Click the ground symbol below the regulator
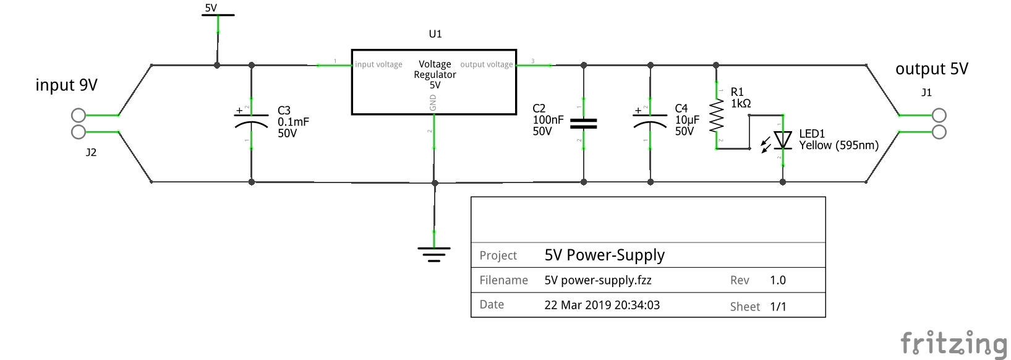pyautogui.click(x=433, y=254)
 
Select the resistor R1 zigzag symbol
pyautogui.click(x=717, y=116)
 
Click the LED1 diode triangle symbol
pyautogui.click(x=783, y=140)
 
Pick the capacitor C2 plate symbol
pyautogui.click(x=583, y=124)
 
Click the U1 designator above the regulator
pyautogui.click(x=435, y=34)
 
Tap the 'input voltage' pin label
pyautogui.click(x=378, y=64)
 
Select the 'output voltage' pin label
pyautogui.click(x=487, y=64)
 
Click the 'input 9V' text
pyautogui.click(x=66, y=85)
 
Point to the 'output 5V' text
pyautogui.click(x=931, y=69)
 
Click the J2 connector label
pyautogui.click(x=91, y=152)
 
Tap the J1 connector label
pyautogui.click(x=926, y=93)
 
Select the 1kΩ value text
pyautogui.click(x=741, y=104)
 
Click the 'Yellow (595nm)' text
pyautogui.click(x=838, y=145)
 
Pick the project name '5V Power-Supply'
pyautogui.click(x=604, y=255)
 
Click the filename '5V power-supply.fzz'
pyautogui.click(x=597, y=280)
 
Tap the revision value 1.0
pyautogui.click(x=777, y=280)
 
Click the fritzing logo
pyautogui.click(x=953, y=343)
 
